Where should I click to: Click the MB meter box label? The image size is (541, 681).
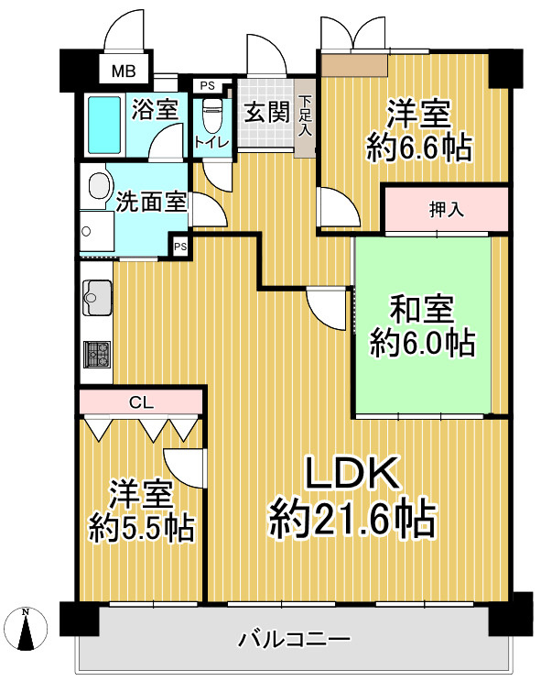pos(124,71)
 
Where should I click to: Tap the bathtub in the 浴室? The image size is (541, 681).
pos(104,125)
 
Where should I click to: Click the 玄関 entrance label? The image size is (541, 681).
pos(266,113)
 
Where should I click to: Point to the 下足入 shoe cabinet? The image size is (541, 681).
pos(306,117)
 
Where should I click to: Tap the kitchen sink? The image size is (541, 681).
pos(97,298)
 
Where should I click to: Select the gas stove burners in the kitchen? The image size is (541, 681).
pos(98,354)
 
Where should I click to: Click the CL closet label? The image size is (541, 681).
pos(141,402)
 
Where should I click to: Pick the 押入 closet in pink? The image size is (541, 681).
pos(446,210)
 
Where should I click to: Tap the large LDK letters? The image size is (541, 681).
pos(352,473)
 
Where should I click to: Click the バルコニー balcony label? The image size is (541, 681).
pos(295,639)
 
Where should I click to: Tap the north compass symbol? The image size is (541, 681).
pos(27,629)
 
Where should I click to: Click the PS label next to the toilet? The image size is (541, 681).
pos(208,86)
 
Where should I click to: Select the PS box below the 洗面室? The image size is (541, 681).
pos(180,247)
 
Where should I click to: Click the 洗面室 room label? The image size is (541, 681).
pos(151,202)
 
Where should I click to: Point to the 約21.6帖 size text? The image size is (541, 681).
pos(352,520)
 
